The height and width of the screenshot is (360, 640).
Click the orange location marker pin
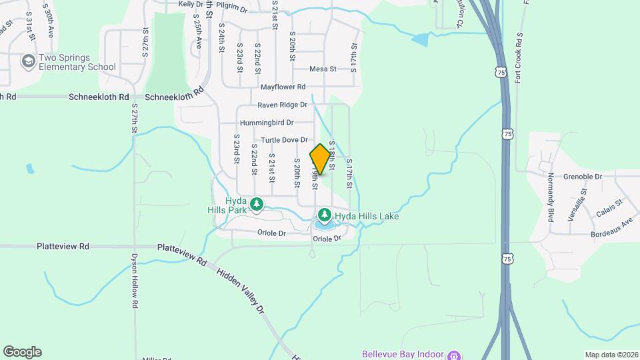[320, 159]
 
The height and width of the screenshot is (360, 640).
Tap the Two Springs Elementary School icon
[28, 62]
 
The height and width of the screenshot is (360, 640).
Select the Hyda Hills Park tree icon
[256, 203]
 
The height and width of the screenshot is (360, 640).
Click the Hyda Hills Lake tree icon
[324, 215]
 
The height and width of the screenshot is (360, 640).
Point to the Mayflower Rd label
[283, 87]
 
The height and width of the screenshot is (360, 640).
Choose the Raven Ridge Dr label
[283, 105]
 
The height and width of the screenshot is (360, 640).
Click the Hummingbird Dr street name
[267, 123]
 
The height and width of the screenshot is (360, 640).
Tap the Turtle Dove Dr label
[284, 140]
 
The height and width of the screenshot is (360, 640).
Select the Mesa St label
[323, 69]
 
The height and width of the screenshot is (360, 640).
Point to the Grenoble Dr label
[583, 177]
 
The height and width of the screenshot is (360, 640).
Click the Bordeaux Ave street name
[611, 229]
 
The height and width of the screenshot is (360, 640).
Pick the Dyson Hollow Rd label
[134, 280]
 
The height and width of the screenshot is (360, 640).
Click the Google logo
[22, 352]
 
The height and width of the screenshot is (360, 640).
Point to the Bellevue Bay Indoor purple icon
[454, 354]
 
